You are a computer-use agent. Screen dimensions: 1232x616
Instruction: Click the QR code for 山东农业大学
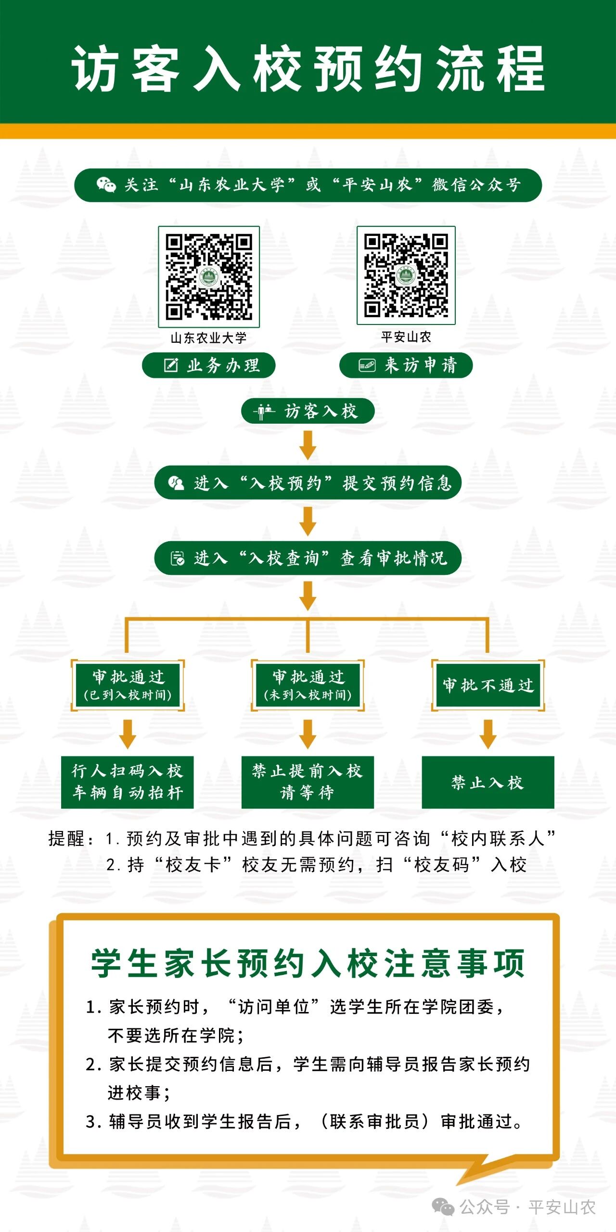(209, 277)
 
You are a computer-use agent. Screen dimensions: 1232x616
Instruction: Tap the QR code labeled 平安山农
(406, 275)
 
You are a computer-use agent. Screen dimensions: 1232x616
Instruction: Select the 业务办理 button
(209, 365)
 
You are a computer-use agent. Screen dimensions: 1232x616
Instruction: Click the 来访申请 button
(406, 365)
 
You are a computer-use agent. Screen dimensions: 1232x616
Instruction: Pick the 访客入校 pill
(308, 411)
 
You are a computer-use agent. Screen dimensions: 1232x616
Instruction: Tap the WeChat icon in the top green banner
(106, 185)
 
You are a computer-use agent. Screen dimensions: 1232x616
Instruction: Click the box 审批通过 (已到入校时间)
(128, 685)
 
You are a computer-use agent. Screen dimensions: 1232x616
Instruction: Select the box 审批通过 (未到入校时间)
(308, 685)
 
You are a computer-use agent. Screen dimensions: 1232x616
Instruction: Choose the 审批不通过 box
(488, 685)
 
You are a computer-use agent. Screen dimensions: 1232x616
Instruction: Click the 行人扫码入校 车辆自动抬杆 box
(128, 782)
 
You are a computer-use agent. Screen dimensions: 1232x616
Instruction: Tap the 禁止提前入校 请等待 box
(308, 782)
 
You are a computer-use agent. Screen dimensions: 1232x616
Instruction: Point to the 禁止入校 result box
(488, 782)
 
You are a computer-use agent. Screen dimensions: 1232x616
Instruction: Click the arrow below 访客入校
(308, 445)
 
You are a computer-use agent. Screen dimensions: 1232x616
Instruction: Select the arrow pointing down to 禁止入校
(488, 734)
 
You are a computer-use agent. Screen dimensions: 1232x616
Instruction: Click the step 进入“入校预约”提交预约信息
(308, 482)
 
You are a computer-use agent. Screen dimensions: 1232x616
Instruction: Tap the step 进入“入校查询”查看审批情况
(308, 558)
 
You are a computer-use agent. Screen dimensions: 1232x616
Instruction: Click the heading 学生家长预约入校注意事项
(308, 963)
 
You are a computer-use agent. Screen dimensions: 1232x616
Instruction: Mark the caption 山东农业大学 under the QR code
(209, 338)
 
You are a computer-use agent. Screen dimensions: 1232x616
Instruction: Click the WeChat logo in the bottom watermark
(443, 1207)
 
